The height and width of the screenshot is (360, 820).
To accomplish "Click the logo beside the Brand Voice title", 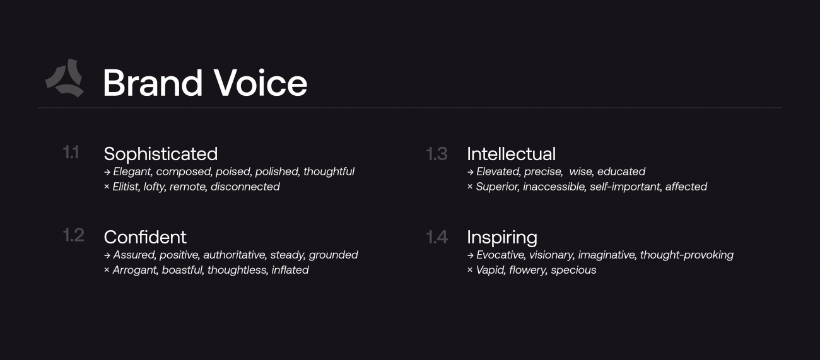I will pos(64,79).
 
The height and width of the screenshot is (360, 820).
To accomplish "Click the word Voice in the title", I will pos(260,83).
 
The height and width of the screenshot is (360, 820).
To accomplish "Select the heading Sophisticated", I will pos(160,154).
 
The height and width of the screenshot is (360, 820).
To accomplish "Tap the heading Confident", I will pos(145,237).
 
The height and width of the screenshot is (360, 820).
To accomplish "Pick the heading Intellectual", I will pos(511,154).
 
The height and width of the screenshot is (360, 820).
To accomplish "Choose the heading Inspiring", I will pos(501,237).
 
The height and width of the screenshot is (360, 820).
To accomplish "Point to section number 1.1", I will pos(71,153).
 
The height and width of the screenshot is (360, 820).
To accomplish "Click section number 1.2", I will pos(73,236).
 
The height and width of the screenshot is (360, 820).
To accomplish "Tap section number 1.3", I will pos(436,154).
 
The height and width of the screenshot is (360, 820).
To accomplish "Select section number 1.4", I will pos(436,237).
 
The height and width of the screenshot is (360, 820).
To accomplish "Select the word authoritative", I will pos(234,255).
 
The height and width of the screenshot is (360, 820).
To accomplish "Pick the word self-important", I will pos(624,187).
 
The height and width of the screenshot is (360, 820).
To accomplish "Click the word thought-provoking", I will pos(686,255).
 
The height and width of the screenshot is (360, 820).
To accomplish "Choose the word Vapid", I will pos(490,270).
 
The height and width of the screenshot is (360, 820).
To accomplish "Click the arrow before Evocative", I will pos(470,255).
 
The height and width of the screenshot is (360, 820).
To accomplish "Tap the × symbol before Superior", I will pos(470,187).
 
